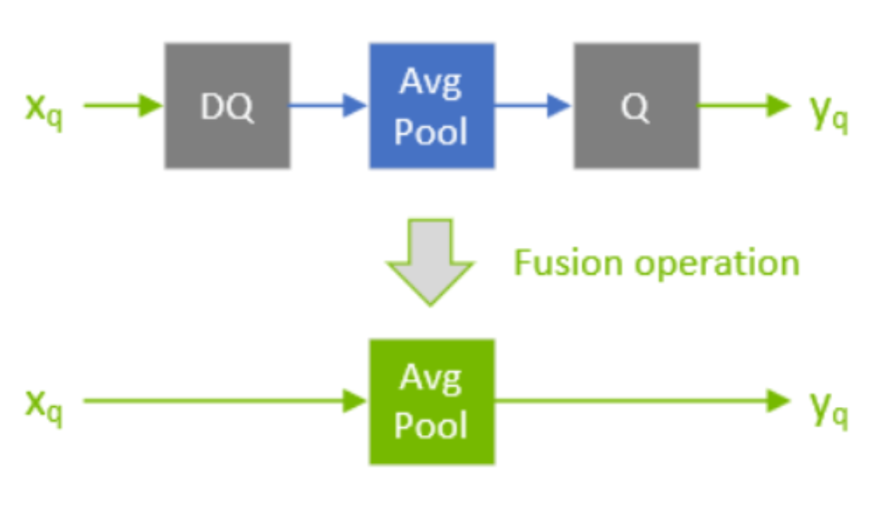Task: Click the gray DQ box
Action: pos(227,106)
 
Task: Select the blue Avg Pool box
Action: pos(431,106)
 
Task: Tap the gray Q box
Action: pos(635,106)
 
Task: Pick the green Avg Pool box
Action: pos(431,401)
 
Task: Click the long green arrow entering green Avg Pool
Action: pos(224,401)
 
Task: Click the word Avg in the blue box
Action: pos(431,83)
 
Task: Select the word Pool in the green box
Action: pos(431,425)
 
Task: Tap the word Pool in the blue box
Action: pos(431,130)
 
